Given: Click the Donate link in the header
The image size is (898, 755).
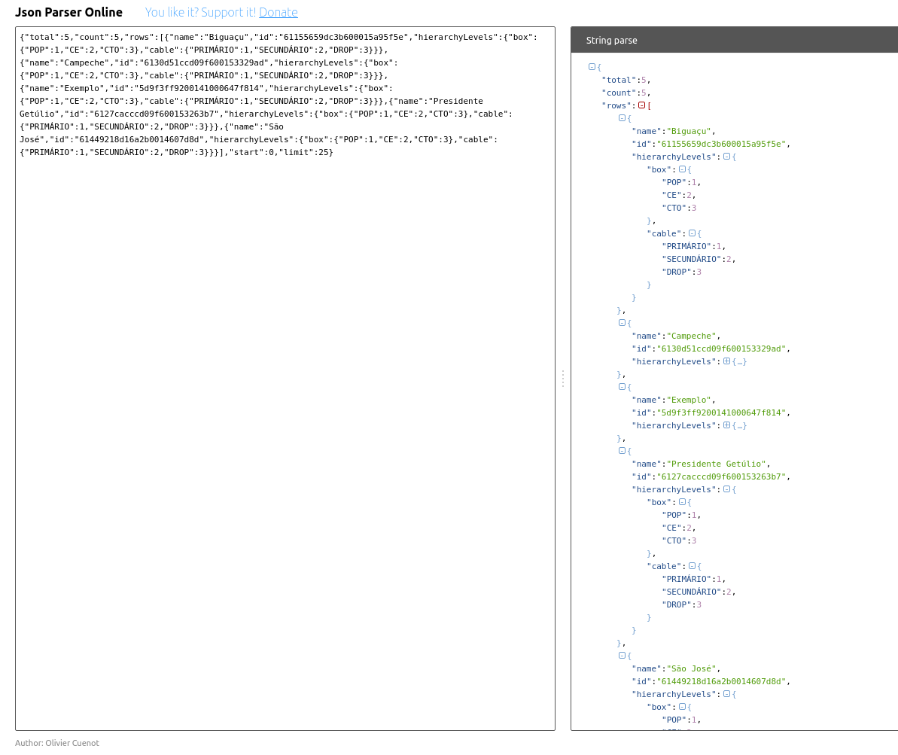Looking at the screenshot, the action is (x=279, y=12).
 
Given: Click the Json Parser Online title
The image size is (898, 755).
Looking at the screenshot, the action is (x=68, y=12).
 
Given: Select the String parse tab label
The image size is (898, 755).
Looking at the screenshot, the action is (x=611, y=40).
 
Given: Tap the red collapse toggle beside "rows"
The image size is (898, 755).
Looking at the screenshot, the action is (x=641, y=105).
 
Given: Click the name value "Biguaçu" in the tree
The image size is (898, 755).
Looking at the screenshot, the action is (x=689, y=131).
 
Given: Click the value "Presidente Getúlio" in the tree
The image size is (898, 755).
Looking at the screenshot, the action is (x=716, y=464).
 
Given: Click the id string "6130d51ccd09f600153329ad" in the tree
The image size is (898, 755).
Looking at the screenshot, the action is (x=722, y=349).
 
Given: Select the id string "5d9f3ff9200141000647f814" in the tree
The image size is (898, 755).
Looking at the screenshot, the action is (x=722, y=413).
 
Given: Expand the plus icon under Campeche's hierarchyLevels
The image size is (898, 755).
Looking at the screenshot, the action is (x=726, y=361).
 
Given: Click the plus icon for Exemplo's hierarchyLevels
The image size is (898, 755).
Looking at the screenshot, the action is (x=726, y=425).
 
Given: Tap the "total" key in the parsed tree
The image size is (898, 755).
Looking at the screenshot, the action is (x=618, y=80).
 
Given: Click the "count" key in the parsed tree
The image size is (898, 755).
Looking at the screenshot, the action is (x=618, y=93).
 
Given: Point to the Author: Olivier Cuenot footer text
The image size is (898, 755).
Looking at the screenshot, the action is (x=57, y=743).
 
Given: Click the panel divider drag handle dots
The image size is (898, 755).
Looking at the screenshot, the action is (x=562, y=379).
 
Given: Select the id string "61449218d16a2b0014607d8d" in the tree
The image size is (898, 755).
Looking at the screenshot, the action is (x=722, y=681).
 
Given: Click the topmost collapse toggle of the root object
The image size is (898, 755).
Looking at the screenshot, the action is (x=592, y=67).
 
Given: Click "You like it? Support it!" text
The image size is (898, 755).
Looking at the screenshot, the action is (x=200, y=12).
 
